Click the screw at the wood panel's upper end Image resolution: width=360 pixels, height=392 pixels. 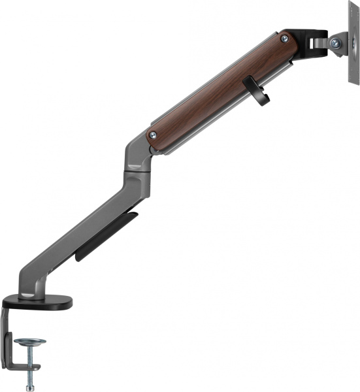(x=284, y=39)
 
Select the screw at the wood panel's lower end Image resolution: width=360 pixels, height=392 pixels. (x=153, y=135)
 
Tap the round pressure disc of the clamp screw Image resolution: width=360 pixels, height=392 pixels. (x=30, y=342)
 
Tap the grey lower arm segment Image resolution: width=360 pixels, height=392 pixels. (x=85, y=235)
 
